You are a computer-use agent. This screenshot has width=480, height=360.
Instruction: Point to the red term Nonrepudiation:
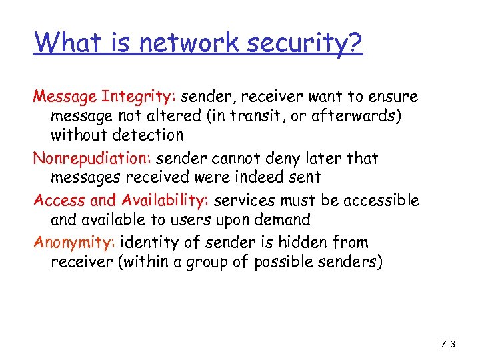93,159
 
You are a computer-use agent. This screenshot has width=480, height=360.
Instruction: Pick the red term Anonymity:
74,243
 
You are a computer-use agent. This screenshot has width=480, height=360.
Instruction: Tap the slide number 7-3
448,344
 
